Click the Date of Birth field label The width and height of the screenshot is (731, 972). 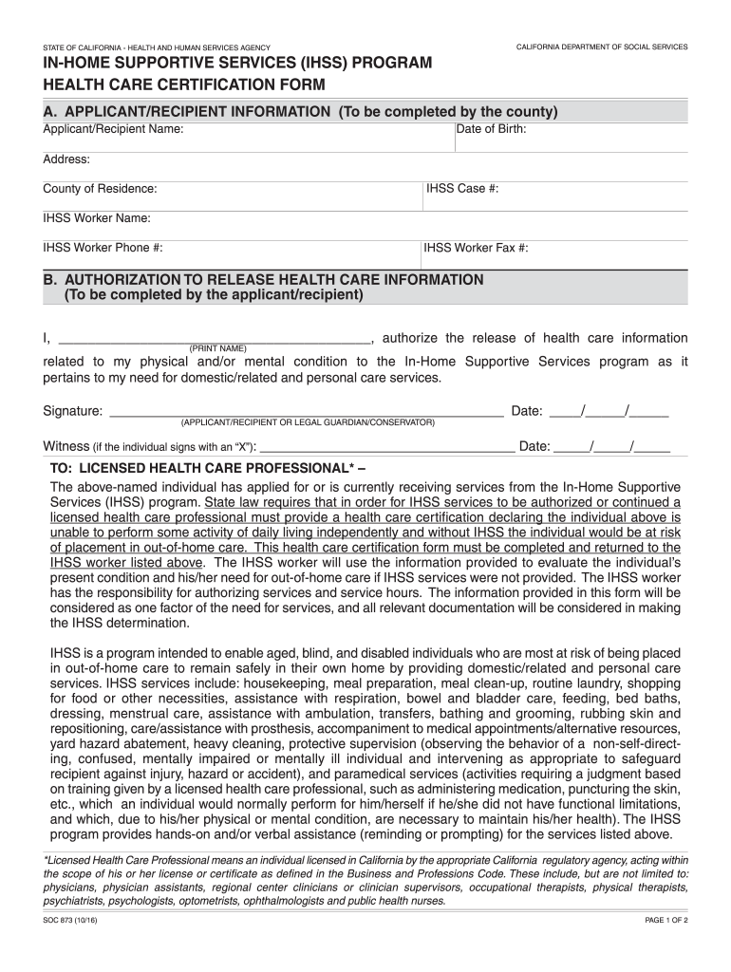click(492, 129)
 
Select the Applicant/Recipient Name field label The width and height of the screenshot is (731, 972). click(113, 129)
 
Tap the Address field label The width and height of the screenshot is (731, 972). click(66, 159)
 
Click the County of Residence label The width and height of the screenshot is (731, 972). click(100, 189)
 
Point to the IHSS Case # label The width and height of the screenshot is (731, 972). click(462, 189)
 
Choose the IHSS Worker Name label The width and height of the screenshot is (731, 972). click(97, 218)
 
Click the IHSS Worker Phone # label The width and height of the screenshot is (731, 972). click(103, 248)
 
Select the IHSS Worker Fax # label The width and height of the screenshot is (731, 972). click(476, 249)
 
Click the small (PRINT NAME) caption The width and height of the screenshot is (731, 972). click(218, 348)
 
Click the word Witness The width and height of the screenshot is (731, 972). click(66, 447)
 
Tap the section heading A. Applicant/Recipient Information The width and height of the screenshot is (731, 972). click(300, 112)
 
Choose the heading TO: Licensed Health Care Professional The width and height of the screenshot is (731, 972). click(207, 469)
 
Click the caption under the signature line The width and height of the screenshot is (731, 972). click(308, 421)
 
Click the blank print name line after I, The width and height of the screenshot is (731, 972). click(214, 340)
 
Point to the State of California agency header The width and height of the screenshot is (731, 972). click(157, 47)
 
